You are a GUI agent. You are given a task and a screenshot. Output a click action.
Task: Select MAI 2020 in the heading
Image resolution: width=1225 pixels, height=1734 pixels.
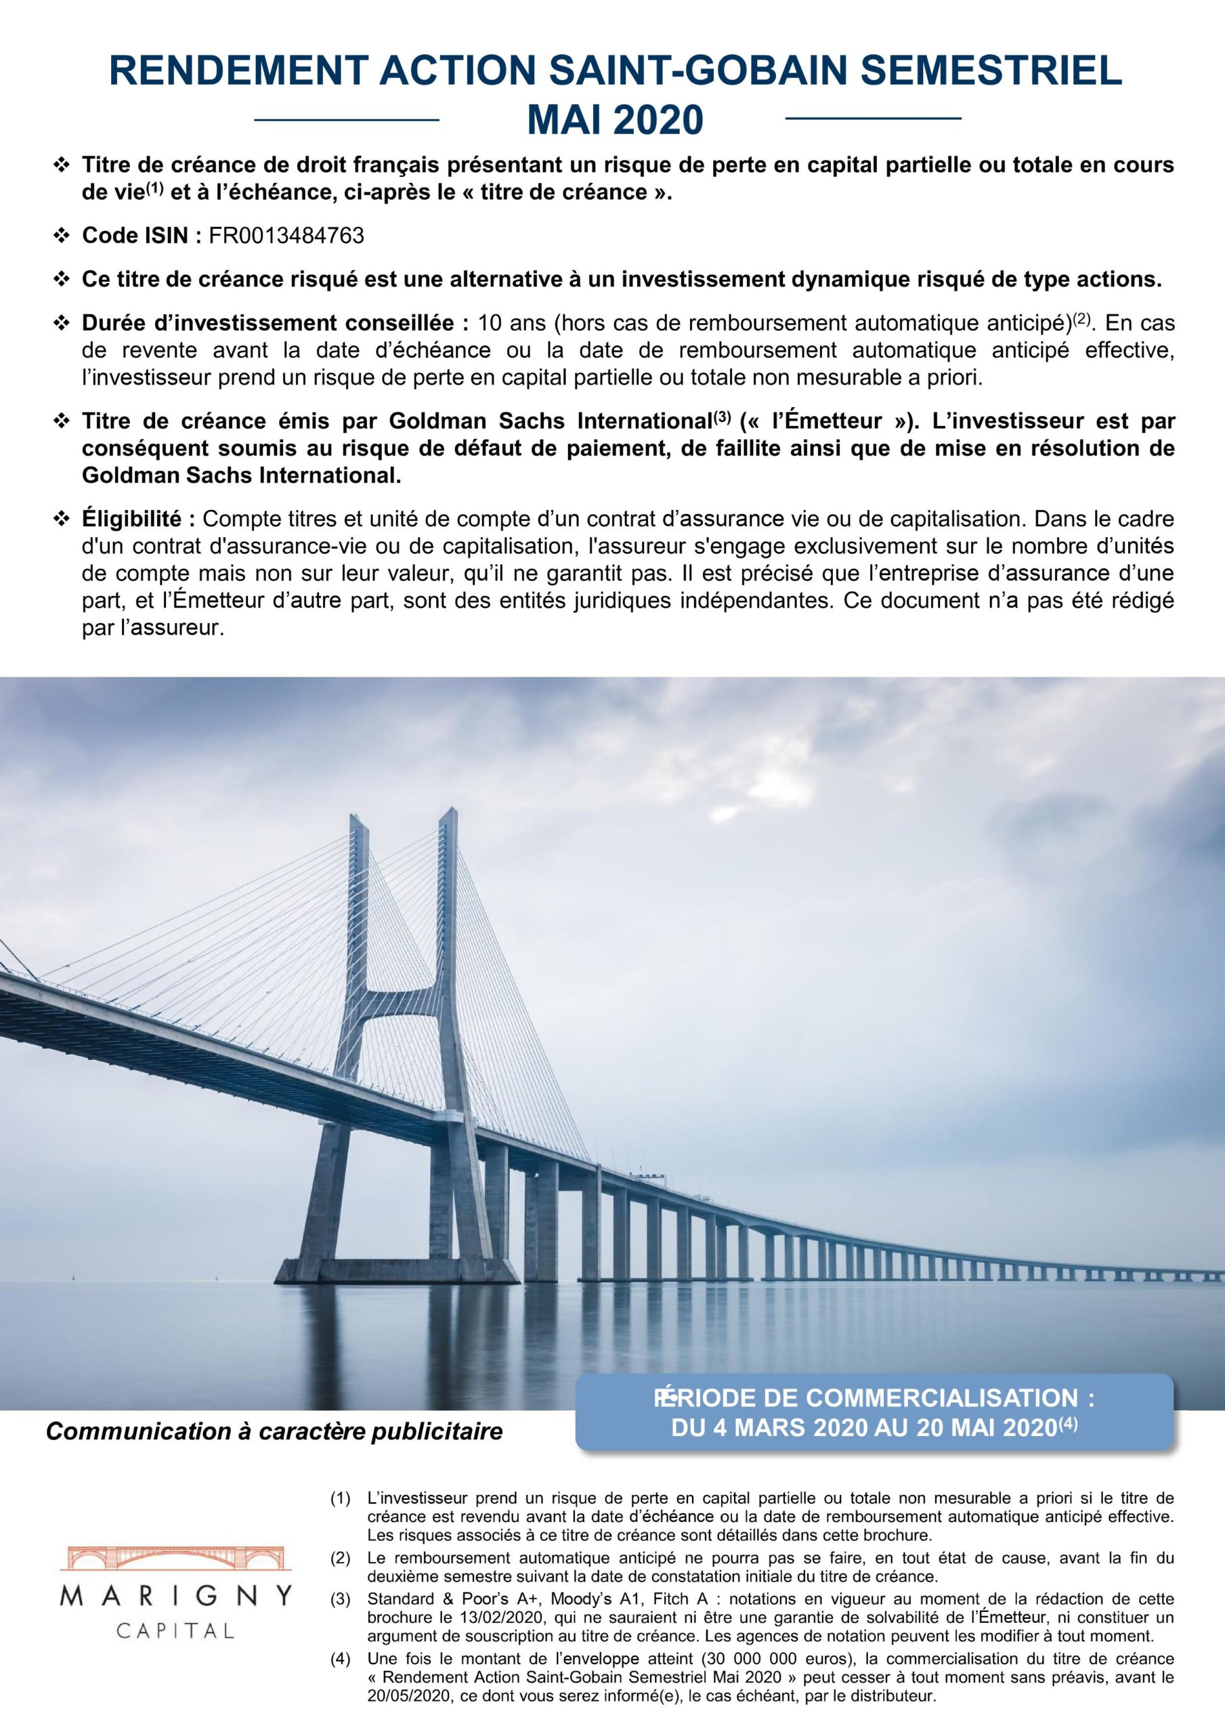[x=614, y=119]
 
